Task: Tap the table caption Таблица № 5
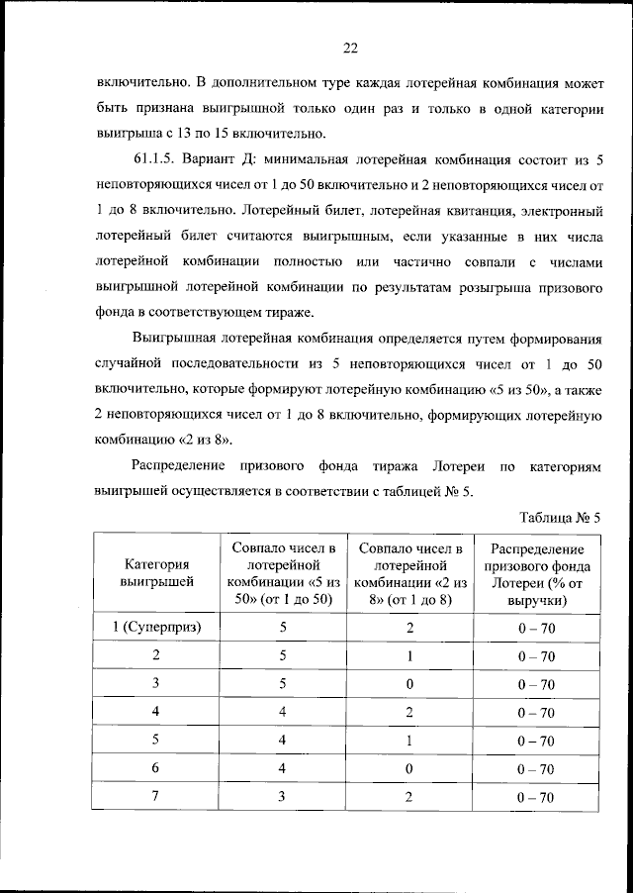(x=560, y=515)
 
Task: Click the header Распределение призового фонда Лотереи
(x=537, y=573)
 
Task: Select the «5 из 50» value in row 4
(x=284, y=712)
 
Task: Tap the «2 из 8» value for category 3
(x=410, y=684)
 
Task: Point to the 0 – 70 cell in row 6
(x=537, y=769)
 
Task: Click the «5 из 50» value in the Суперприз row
(x=284, y=628)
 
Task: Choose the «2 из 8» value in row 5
(x=410, y=741)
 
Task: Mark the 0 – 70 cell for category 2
(x=537, y=655)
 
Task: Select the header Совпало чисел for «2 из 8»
(x=410, y=573)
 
